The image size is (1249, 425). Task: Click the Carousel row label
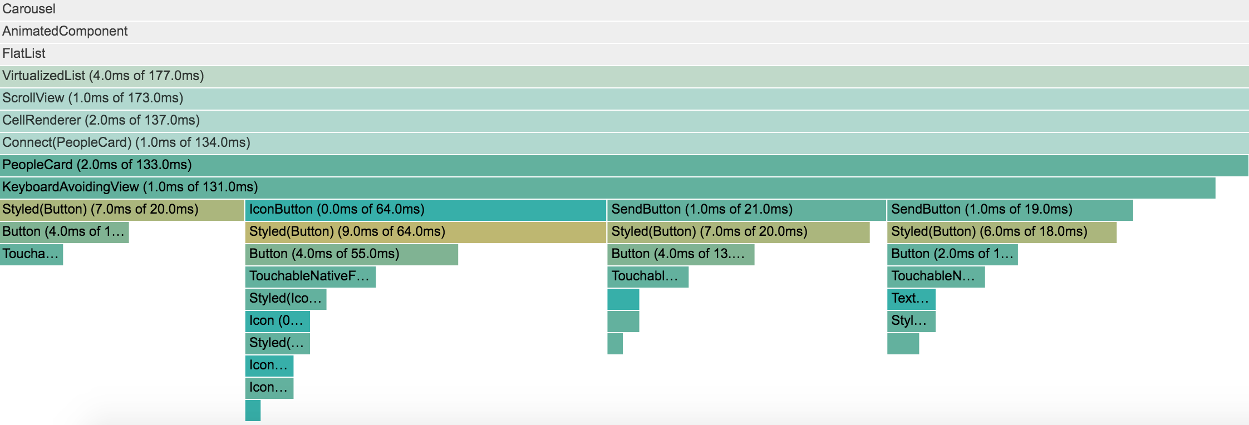pos(29,9)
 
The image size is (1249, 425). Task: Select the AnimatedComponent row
pos(65,32)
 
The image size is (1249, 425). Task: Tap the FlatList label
pos(24,54)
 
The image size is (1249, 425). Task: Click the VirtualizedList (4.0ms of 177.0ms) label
pos(103,76)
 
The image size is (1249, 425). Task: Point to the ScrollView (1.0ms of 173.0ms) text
pos(93,98)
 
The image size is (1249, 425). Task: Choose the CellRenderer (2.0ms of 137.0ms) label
pos(101,121)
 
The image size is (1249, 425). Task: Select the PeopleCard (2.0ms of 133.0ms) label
pos(97,165)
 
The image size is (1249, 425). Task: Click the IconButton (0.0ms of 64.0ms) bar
pos(425,210)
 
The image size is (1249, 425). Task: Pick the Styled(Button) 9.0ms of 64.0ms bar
pos(425,232)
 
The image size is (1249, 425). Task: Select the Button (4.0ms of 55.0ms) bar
pos(351,254)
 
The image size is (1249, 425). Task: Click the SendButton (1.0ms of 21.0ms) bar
pos(746,210)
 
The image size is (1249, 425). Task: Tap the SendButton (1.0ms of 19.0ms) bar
pos(1010,210)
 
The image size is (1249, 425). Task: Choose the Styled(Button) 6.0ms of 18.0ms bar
pos(1001,232)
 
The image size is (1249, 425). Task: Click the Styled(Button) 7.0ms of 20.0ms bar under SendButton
pos(738,232)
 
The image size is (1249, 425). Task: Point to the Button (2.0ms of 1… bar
pos(952,254)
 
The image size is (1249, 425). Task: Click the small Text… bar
pos(911,299)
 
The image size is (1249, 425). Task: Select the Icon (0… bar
pos(277,321)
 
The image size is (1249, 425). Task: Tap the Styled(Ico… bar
pos(286,299)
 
